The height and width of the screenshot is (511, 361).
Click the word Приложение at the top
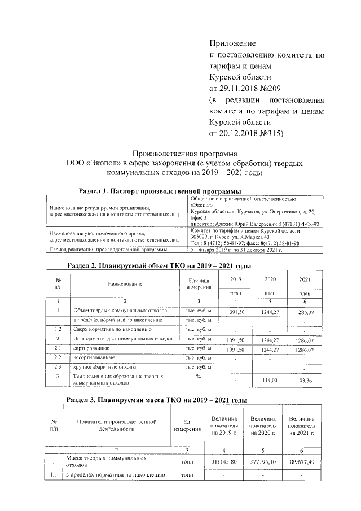click(x=232, y=43)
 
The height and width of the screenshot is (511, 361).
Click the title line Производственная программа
click(x=186, y=153)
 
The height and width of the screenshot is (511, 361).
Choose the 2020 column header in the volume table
click(x=270, y=279)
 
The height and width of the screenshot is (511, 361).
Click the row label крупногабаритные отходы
click(x=98, y=368)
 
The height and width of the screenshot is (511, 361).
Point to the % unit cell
click(x=199, y=375)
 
